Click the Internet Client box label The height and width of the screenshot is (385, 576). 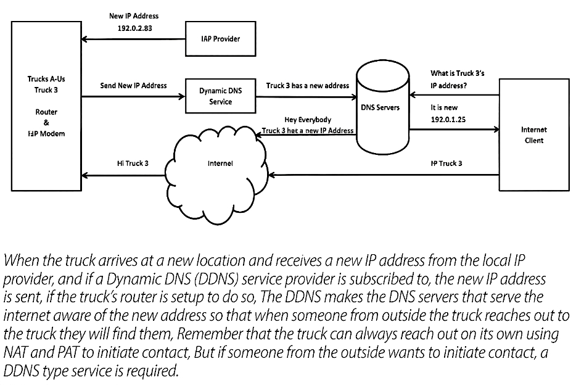(533, 135)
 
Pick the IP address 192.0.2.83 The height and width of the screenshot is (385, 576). (135, 28)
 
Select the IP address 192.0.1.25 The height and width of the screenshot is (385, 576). (448, 120)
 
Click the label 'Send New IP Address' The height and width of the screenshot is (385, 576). (133, 86)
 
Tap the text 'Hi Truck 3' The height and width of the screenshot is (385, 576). (133, 163)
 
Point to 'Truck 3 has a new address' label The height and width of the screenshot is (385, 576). (308, 86)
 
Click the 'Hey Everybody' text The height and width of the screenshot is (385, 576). (308, 120)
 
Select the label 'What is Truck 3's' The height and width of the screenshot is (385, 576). (458, 73)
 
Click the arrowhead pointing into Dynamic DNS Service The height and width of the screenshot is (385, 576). (182, 97)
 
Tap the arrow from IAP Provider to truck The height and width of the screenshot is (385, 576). (133, 39)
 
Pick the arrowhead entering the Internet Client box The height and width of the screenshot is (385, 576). (496, 130)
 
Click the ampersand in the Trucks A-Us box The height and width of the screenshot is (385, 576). (46, 123)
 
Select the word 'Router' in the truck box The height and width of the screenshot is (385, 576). (46, 112)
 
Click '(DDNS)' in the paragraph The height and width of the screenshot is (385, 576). (214, 279)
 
